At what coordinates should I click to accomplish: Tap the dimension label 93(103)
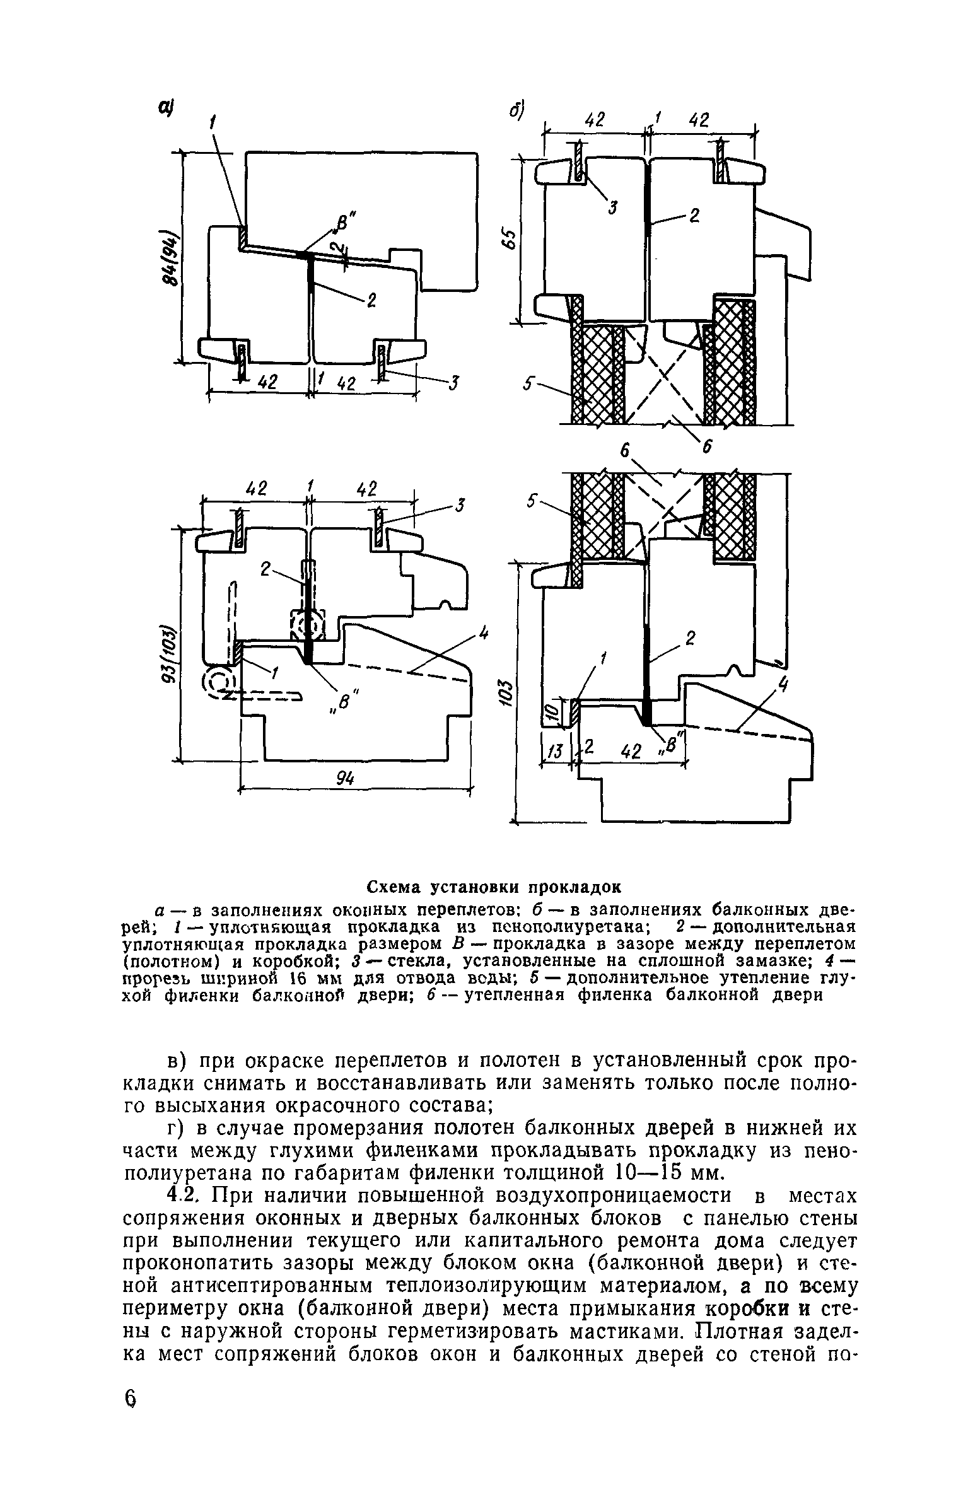coord(168,654)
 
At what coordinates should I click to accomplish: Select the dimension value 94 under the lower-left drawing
coord(344,779)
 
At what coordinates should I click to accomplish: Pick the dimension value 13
coord(554,750)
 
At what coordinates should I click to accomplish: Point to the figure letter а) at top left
coord(166,109)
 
